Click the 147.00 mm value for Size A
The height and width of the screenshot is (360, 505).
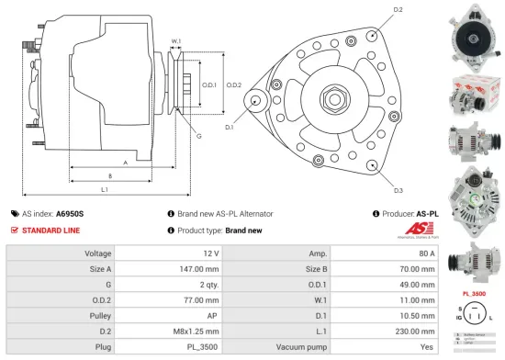[200, 269]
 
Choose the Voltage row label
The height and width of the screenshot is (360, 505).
[98, 253]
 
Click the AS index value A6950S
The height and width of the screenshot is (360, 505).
[70, 213]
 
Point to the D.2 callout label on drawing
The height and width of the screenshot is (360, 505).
[398, 10]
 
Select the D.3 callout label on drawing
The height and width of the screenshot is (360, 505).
[398, 190]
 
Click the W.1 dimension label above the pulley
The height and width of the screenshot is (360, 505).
[176, 41]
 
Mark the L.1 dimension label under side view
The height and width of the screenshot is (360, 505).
[105, 189]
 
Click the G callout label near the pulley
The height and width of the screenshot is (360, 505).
[198, 136]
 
